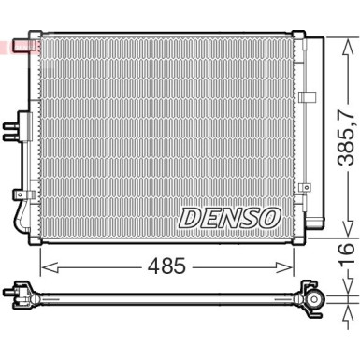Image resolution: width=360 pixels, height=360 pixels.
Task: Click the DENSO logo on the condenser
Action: pos(228,217)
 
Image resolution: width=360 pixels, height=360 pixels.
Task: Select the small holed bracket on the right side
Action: pos(304,187)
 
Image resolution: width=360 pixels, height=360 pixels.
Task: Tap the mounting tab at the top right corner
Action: pos(299,35)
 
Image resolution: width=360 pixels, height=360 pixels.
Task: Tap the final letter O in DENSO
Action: pos(268,217)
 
